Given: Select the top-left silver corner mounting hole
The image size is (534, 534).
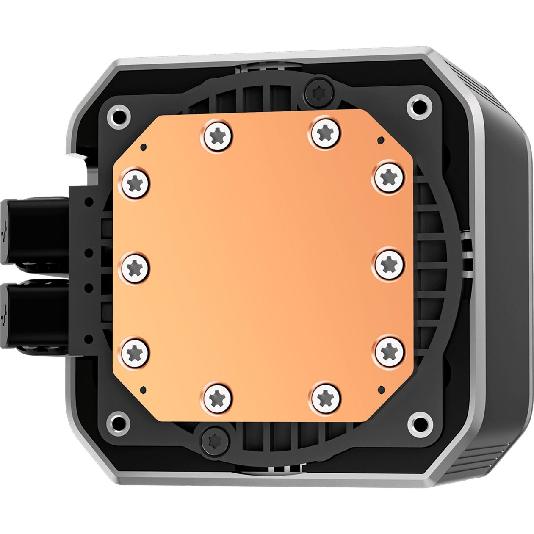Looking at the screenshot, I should (118, 115).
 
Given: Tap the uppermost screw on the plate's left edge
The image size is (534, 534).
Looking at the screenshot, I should (136, 183).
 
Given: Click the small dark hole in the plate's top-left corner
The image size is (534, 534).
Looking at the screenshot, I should (144, 147).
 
